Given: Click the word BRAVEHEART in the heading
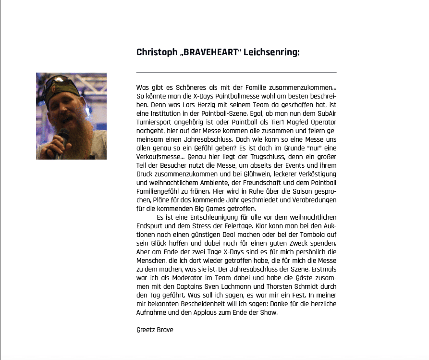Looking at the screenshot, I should tap(210, 52).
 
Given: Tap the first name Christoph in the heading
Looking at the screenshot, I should tap(157, 52).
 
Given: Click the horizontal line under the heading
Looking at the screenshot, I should tap(236, 72).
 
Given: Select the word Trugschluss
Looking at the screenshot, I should tap(244, 157).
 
